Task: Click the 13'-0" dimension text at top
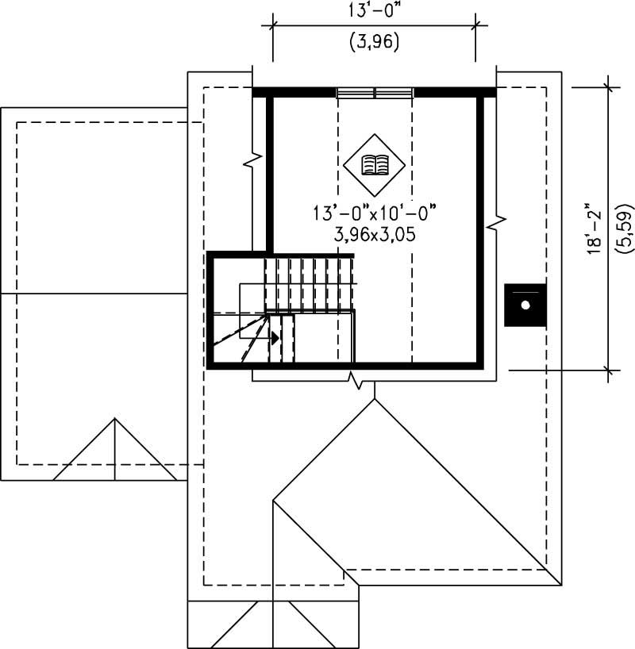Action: point(374,12)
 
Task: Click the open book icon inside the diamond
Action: point(374,165)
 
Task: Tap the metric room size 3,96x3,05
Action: point(374,235)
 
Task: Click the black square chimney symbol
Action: point(525,305)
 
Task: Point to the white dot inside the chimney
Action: point(525,305)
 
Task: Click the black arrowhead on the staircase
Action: point(275,337)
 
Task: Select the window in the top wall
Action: point(375,93)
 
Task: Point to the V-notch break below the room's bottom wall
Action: point(360,384)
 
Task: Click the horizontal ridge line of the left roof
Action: point(94,294)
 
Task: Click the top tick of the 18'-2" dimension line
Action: point(608,86)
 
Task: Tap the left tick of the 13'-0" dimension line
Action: point(273,25)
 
